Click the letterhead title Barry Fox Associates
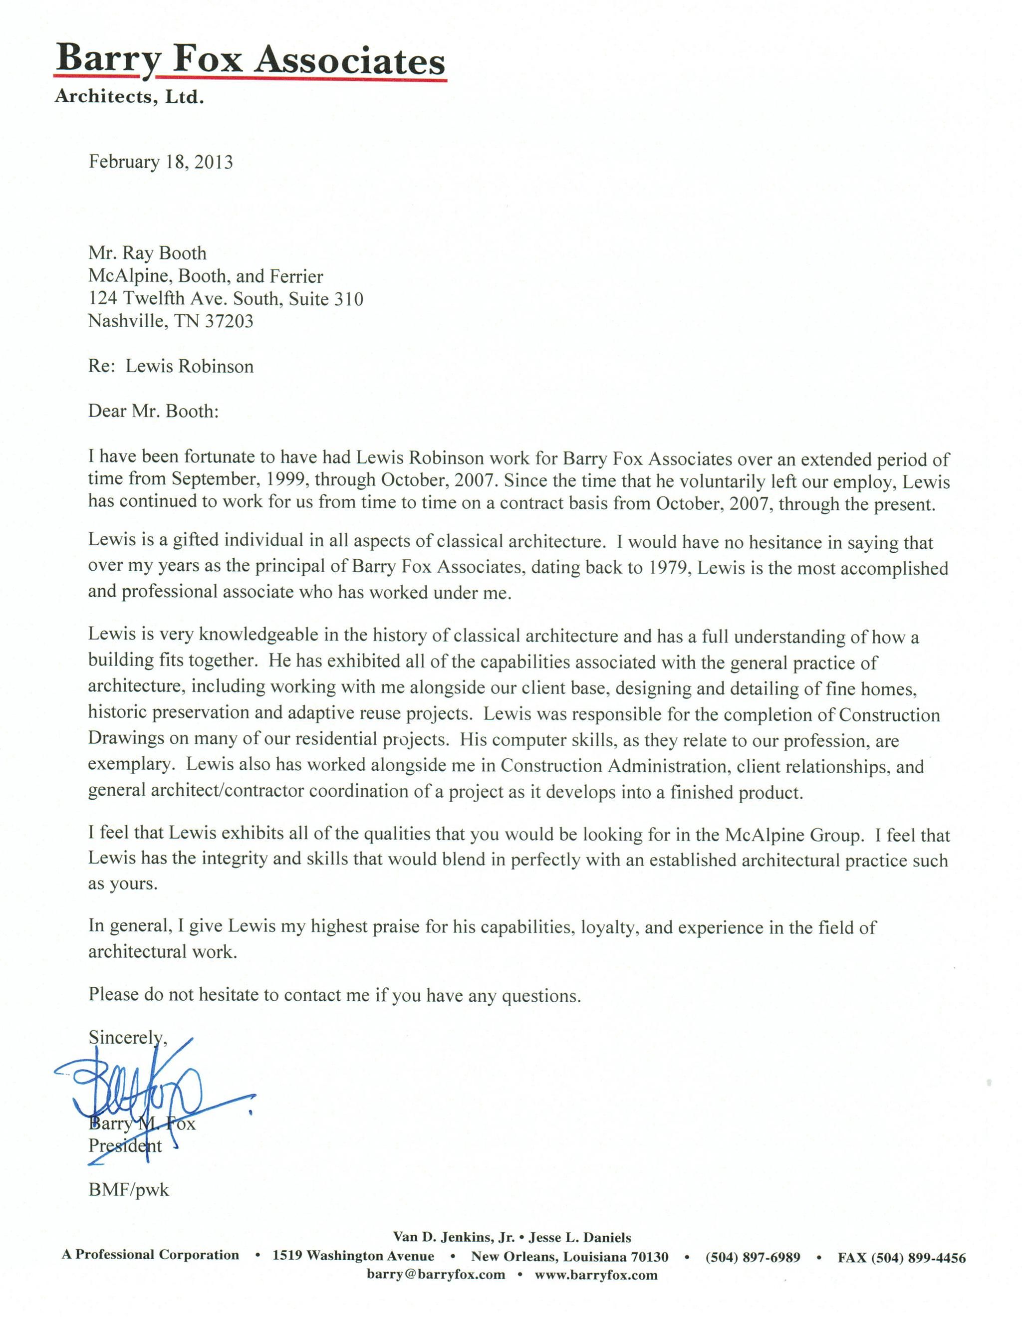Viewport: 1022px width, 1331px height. (250, 61)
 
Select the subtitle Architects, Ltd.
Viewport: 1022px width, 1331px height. (129, 97)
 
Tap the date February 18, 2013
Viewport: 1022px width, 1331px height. (161, 162)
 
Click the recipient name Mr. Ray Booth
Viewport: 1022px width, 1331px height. (147, 253)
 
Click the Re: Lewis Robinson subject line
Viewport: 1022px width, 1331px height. (171, 366)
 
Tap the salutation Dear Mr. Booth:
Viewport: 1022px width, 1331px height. (153, 411)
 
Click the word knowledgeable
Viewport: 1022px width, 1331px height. (258, 634)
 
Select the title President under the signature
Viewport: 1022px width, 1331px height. (125, 1145)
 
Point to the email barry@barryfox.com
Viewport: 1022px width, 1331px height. (436, 1275)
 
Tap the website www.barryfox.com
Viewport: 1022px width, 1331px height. (596, 1275)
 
